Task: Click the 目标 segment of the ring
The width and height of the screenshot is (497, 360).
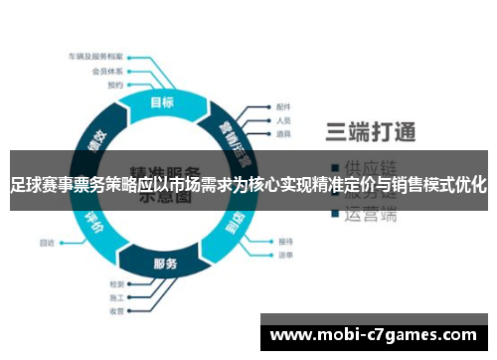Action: coord(161,101)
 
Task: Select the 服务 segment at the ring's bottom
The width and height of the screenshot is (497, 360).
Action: coord(165,264)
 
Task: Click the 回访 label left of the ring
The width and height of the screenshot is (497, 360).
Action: coord(47,241)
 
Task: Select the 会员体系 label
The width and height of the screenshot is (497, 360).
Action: coord(106,72)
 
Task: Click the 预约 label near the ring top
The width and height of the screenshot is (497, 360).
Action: coord(115,86)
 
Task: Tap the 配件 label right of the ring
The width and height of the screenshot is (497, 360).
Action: coord(283,106)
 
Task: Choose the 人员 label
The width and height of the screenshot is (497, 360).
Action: coord(283,120)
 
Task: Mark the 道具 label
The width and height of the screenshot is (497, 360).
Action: coord(283,133)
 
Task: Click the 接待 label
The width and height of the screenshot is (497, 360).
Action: coord(286,241)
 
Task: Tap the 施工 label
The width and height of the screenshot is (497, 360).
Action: coord(116,297)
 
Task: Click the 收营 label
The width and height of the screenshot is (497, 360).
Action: coord(116,311)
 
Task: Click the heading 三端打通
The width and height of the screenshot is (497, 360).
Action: coord(370,130)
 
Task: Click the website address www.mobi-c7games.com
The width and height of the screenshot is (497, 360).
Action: coord(373,335)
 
